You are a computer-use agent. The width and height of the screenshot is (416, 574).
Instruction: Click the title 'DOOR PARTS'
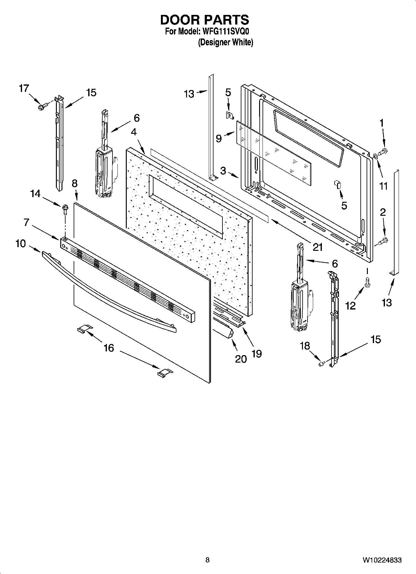coord(204,20)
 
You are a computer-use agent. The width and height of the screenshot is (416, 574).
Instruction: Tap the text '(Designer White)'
coord(226,43)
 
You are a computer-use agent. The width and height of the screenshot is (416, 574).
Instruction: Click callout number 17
coord(24,88)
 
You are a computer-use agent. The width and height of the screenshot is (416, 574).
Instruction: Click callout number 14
coord(35,194)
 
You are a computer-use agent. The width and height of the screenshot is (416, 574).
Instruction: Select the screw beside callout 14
coord(65,208)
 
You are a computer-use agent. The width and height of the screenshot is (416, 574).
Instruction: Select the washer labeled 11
coord(375,156)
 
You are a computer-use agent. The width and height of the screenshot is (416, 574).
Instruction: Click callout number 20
coord(241,359)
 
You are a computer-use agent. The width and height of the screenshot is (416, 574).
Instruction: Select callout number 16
coord(109,348)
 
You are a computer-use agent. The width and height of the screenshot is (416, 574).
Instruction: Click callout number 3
coord(223,171)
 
